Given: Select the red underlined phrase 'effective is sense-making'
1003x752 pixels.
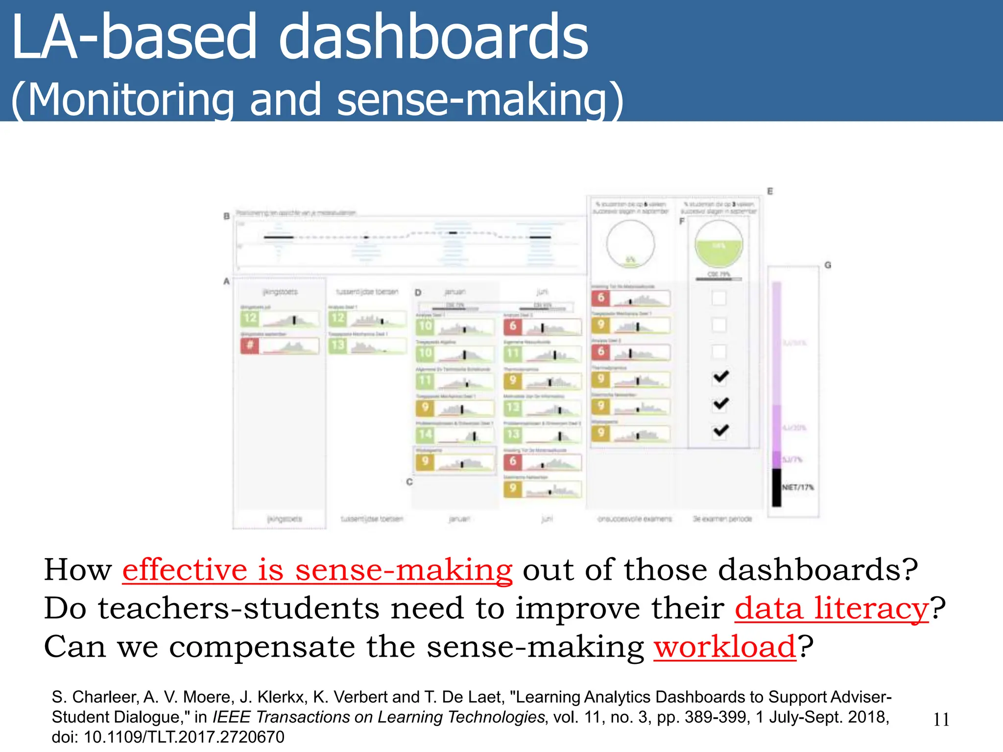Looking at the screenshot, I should pos(317,570).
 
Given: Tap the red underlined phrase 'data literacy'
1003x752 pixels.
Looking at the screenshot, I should pos(831,609).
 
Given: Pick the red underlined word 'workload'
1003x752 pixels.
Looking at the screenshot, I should pos(725,647).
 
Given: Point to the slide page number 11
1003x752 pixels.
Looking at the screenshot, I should pos(941,720).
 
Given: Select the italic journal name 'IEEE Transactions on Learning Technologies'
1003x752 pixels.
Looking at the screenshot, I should pos(378,717).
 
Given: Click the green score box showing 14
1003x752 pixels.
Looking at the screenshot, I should pos(425,434).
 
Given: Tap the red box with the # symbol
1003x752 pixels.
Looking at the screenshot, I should pos(250,346).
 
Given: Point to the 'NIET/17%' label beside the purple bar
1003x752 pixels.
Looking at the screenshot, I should pos(798,488).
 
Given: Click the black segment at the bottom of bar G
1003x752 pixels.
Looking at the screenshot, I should pos(777,488).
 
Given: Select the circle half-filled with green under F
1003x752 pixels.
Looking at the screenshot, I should pos(718,244).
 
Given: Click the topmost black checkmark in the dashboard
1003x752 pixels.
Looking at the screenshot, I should pos(720,376).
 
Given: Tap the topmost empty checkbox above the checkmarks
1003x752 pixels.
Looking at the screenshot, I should pos(718,298).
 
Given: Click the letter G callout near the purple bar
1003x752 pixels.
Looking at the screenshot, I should pos(828,265).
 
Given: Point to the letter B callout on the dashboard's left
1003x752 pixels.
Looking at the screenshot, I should pos(227,216).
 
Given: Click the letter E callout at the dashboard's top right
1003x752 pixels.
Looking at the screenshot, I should pos(770,191).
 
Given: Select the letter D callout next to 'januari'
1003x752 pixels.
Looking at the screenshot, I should pos(418,292).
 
